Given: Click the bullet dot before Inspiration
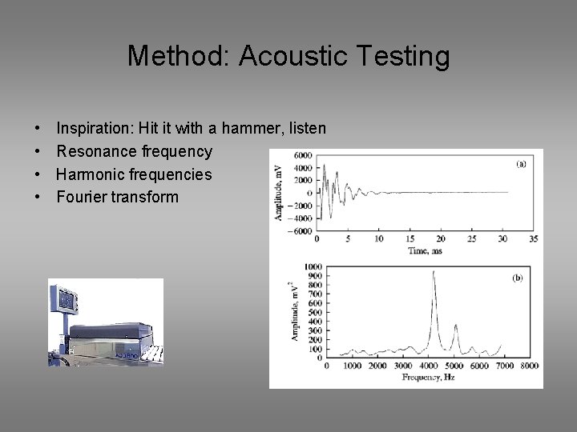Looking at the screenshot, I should point(38,128).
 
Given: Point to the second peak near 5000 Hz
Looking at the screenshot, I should point(456,326).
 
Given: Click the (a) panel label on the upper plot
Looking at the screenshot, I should point(521,163).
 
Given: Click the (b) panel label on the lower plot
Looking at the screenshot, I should point(517,278).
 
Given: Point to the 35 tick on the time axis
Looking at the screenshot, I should point(533,239).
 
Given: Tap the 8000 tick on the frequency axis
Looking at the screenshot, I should point(529,366).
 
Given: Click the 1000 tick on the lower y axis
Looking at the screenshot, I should point(313,266).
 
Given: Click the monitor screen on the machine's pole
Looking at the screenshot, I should point(66,301).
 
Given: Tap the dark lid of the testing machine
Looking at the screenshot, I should point(108,330).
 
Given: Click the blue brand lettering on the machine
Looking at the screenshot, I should point(128,354).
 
